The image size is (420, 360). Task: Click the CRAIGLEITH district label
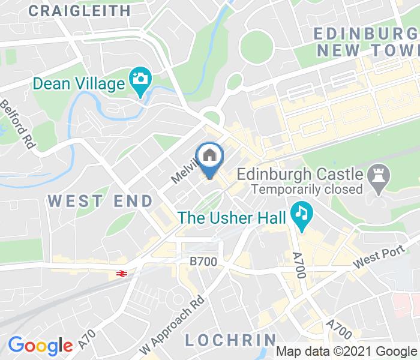click(79, 10)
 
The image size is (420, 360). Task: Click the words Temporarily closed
click(307, 190)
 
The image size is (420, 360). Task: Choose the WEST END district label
click(100, 201)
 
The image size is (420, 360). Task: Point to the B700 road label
click(203, 262)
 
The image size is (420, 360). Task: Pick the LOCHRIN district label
click(230, 340)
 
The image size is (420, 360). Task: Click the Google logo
click(40, 346)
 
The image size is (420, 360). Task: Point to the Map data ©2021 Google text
click(347, 351)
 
